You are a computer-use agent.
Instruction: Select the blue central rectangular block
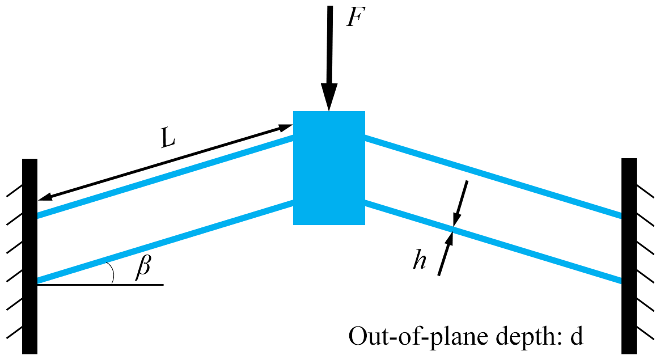(x=329, y=168)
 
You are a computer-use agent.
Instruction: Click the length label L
(x=167, y=139)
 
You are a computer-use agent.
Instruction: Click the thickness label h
(x=420, y=260)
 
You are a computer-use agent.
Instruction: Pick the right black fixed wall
(x=629, y=255)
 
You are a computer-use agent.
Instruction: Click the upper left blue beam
(x=164, y=176)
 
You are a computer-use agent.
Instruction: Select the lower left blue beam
(x=164, y=242)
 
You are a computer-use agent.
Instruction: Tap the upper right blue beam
(x=493, y=176)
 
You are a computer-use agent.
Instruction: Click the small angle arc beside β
(x=112, y=273)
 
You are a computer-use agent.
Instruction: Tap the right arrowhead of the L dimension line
(x=286, y=128)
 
